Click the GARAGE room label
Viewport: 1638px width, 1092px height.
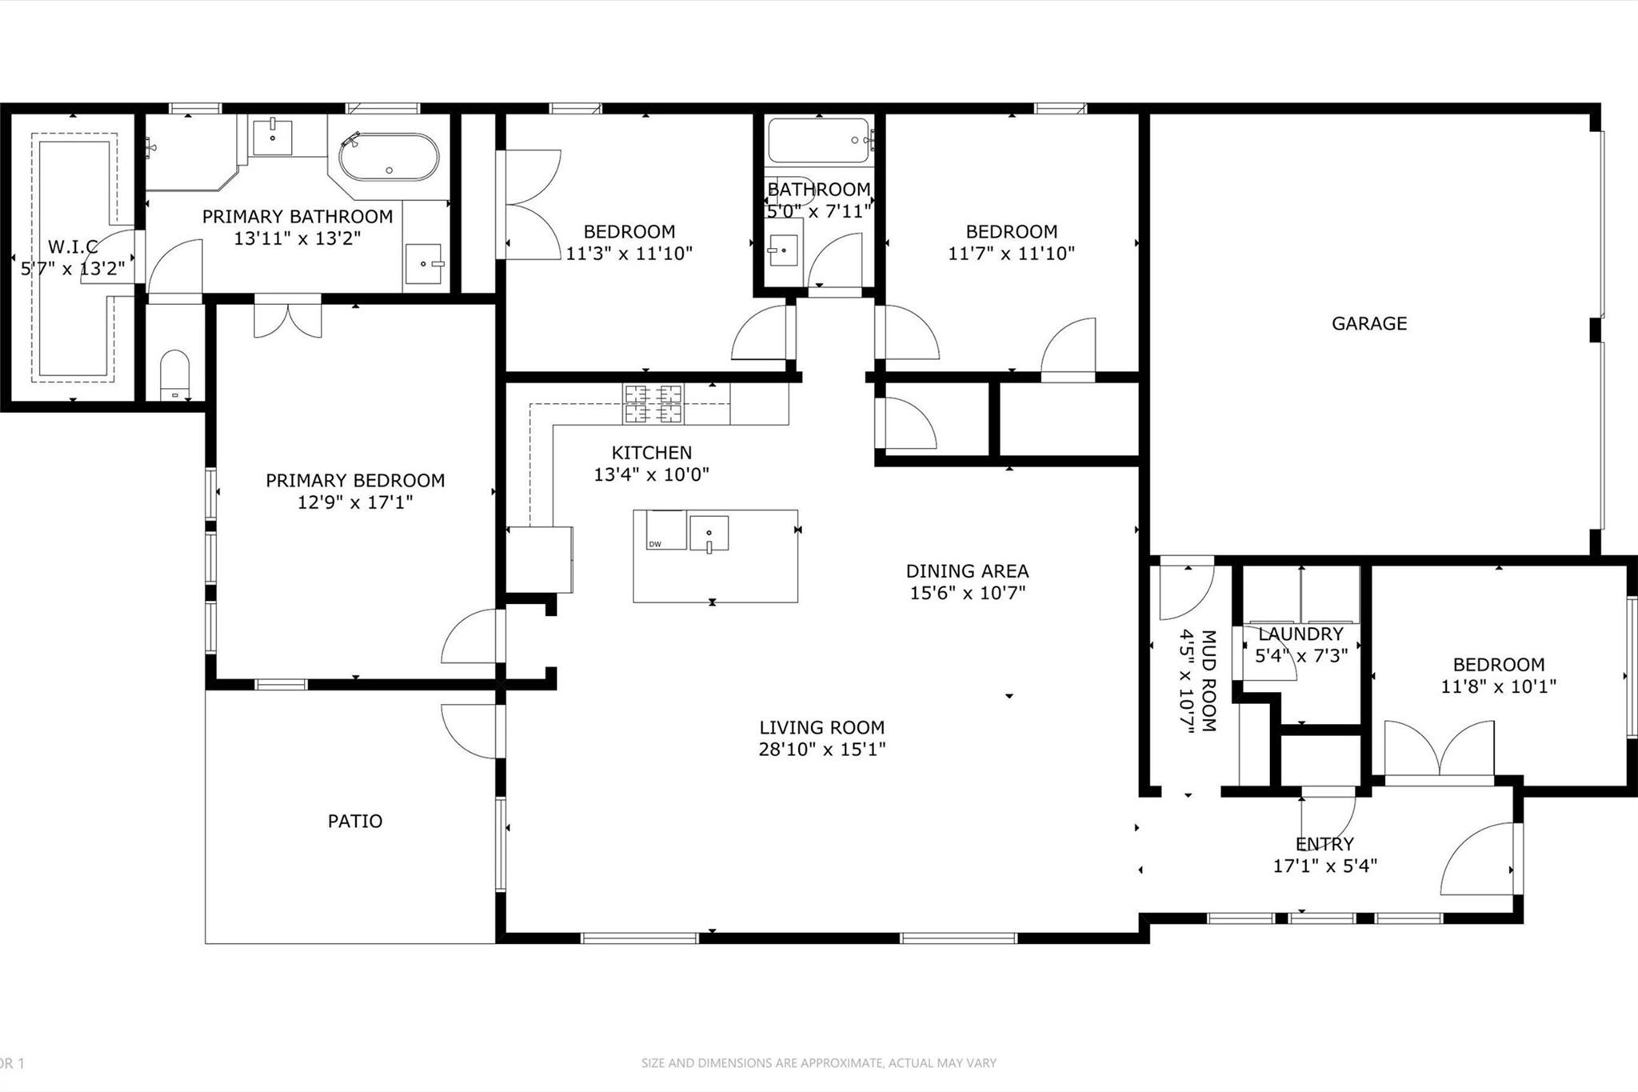tap(1368, 323)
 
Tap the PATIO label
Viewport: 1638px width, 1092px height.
tap(355, 821)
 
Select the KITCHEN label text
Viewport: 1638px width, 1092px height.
tap(652, 453)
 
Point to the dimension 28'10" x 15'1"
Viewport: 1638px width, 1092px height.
tap(822, 750)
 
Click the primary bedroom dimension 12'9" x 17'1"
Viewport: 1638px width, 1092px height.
tap(355, 502)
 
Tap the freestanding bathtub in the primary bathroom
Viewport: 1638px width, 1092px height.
tap(390, 158)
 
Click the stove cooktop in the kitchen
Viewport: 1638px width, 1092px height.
tap(653, 404)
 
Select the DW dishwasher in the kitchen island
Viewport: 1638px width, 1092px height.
tap(666, 530)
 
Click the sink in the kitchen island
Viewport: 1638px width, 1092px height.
tap(709, 534)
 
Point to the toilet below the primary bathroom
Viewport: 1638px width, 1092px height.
tap(175, 375)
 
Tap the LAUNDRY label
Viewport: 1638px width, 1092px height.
tap(1300, 634)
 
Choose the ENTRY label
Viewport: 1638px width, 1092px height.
tap(1324, 844)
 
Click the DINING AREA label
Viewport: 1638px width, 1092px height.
tap(967, 571)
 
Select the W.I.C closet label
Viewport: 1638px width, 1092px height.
tap(73, 246)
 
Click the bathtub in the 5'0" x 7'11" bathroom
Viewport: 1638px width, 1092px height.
tap(820, 142)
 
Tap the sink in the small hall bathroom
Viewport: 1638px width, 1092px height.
tap(784, 250)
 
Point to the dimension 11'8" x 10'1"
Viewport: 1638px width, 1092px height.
tap(1498, 686)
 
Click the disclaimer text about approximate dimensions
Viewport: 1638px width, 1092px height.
tap(818, 1063)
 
